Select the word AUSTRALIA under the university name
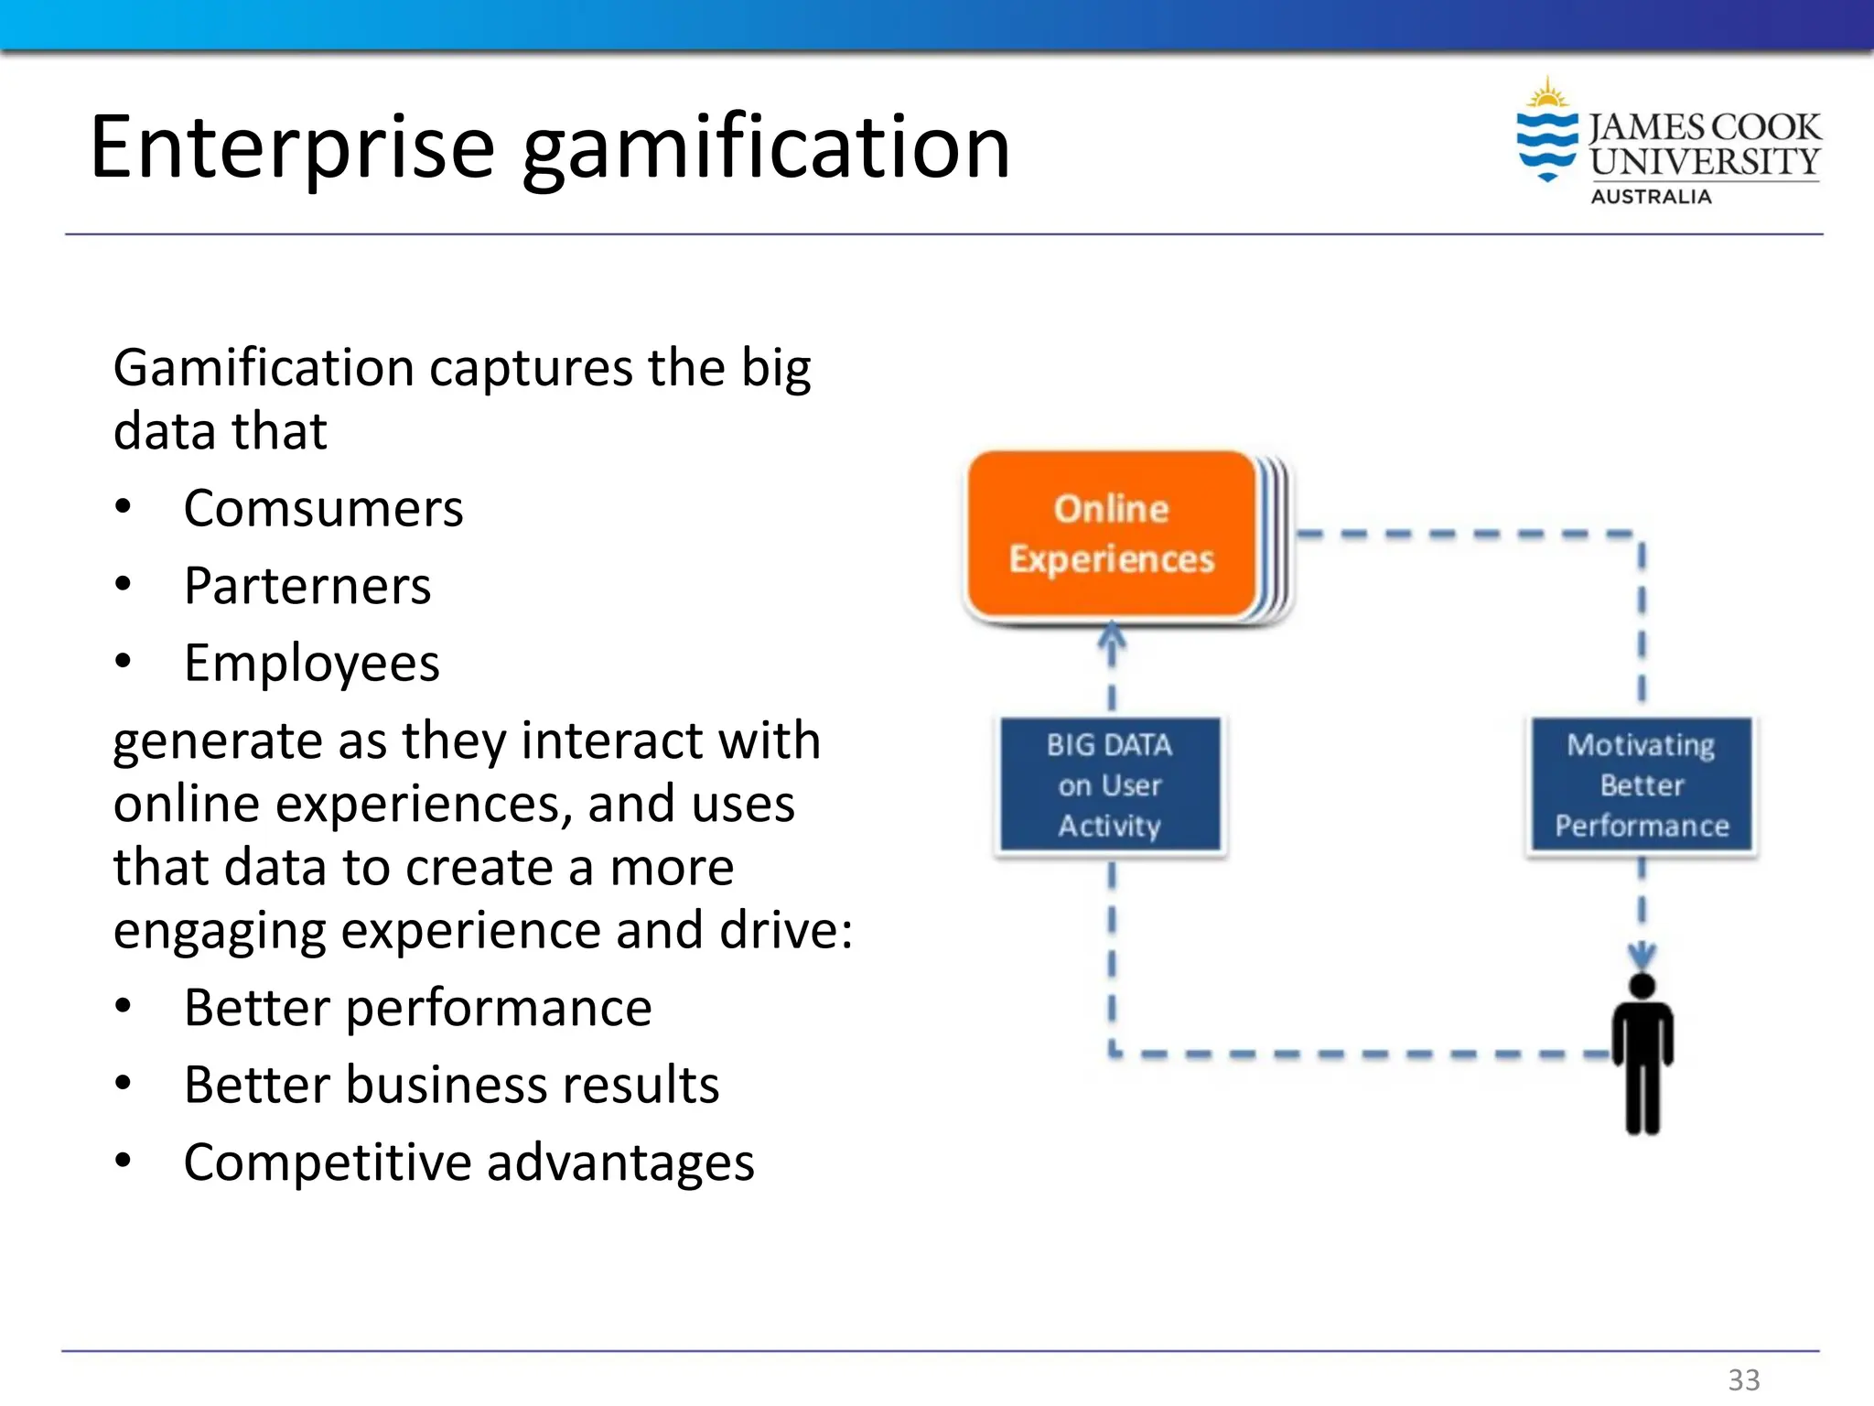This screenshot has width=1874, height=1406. tap(1651, 197)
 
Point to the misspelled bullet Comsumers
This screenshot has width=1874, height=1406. tap(323, 509)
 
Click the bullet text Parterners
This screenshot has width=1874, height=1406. tap(307, 586)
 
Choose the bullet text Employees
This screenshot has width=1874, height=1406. tap(311, 664)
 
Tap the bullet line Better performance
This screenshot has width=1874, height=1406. tap(417, 1008)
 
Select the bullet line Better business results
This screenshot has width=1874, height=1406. tap(451, 1086)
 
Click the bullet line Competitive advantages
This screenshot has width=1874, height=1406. tap(468, 1163)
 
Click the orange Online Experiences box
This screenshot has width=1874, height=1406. tap(1111, 535)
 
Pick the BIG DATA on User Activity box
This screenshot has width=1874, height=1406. tap(1110, 785)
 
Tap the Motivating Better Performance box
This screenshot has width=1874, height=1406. tap(1642, 785)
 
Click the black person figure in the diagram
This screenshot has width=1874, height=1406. tap(1642, 1053)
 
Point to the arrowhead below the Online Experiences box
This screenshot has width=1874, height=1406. tap(1112, 636)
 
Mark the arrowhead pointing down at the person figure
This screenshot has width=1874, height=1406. tap(1642, 955)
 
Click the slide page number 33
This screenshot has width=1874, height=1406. tap(1743, 1379)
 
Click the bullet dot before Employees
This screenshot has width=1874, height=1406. tap(124, 661)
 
